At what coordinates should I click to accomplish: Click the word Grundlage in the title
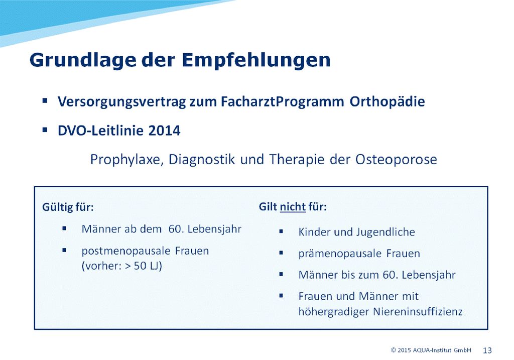(83, 61)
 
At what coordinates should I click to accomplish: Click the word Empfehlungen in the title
(256, 60)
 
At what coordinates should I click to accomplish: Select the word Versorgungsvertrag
(122, 102)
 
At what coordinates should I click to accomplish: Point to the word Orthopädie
(387, 101)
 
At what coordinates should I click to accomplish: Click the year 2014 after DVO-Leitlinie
(164, 131)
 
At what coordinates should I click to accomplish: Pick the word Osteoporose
(396, 160)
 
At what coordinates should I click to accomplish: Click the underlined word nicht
(293, 207)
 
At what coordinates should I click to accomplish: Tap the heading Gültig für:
(68, 207)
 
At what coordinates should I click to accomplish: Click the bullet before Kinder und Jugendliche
(281, 231)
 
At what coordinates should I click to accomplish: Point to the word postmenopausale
(126, 251)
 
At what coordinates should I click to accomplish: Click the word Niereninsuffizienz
(418, 311)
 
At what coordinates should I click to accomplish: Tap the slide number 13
(487, 350)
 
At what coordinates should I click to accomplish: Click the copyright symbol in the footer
(394, 350)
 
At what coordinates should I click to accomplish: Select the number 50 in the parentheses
(140, 266)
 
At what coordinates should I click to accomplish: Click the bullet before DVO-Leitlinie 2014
(45, 130)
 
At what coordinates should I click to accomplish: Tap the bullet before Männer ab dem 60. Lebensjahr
(64, 228)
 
